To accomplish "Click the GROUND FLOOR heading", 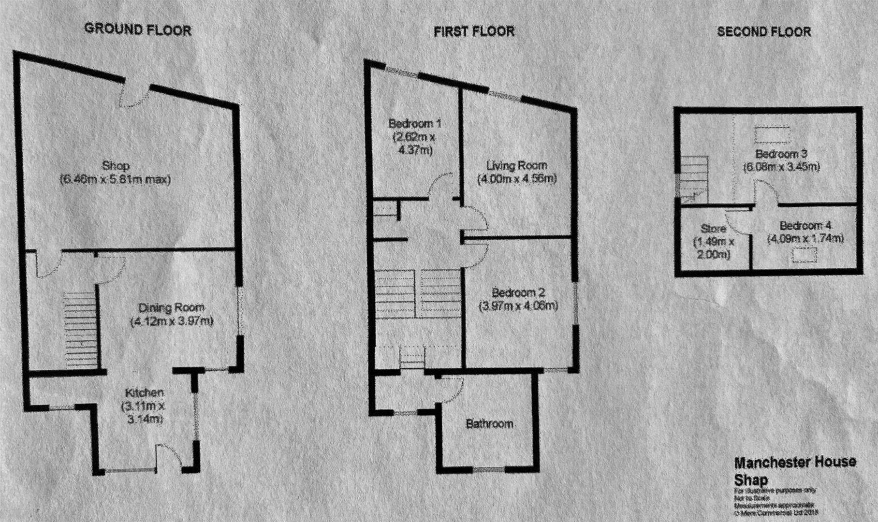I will pyautogui.click(x=138, y=30).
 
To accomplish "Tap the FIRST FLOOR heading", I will pyautogui.click(x=474, y=32).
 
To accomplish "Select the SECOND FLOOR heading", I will pyautogui.click(x=764, y=32).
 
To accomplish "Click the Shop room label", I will pyautogui.click(x=116, y=166).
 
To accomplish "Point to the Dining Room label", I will pyautogui.click(x=171, y=307).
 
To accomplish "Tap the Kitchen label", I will pyautogui.click(x=145, y=392).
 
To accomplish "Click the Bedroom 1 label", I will pyautogui.click(x=415, y=124).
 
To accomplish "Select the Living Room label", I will pyautogui.click(x=516, y=166).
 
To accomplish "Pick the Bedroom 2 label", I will pyautogui.click(x=518, y=293).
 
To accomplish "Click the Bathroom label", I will pyautogui.click(x=489, y=424).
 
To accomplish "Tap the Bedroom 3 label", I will pyautogui.click(x=781, y=155).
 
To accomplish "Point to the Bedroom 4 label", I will pyautogui.click(x=805, y=226).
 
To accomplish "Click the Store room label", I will pyautogui.click(x=713, y=229).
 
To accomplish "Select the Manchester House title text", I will pyautogui.click(x=795, y=463).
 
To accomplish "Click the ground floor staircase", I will pyautogui.click(x=78, y=329).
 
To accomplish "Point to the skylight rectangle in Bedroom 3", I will pyautogui.click(x=772, y=134).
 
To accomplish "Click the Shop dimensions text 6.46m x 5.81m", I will pyautogui.click(x=116, y=180).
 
